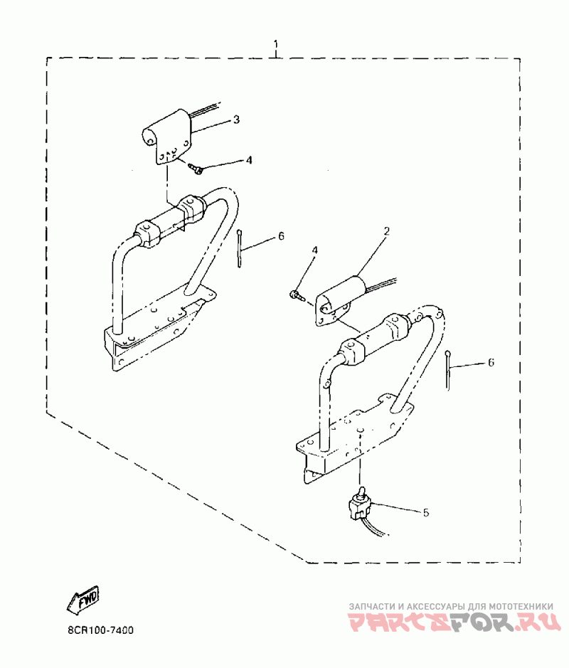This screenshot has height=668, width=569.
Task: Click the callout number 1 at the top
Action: click(x=276, y=46)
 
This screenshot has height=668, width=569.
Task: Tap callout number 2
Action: click(x=386, y=231)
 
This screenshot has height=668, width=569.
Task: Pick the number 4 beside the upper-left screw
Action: click(x=248, y=160)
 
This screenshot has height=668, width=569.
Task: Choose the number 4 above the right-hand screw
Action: click(x=314, y=250)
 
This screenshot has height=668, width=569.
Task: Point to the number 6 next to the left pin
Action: click(x=281, y=235)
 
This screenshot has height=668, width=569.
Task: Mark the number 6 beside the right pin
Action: click(x=491, y=363)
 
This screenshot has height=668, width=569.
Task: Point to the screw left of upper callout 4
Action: click(x=196, y=169)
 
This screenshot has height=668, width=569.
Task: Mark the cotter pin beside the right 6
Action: click(x=449, y=369)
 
